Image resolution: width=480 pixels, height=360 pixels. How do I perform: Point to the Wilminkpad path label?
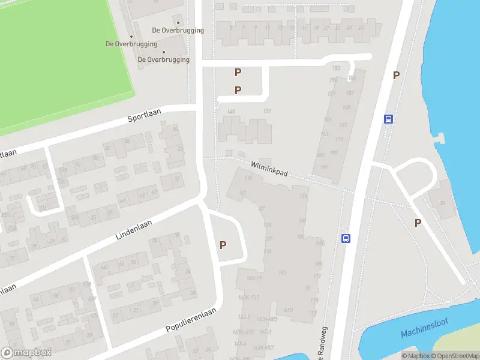click(269, 168)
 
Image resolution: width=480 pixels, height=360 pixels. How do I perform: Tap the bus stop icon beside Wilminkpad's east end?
click(389, 119)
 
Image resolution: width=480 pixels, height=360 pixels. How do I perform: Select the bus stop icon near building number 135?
click(346, 238)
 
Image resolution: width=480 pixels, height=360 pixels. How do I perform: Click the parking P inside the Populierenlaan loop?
click(223, 245)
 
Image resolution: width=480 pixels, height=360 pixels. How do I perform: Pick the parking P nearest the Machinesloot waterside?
click(418, 223)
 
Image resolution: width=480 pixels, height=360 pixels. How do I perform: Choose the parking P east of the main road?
click(396, 75)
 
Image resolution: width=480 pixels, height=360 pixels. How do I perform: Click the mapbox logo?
click(26, 352)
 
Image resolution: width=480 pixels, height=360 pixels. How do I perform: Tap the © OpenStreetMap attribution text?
click(455, 356)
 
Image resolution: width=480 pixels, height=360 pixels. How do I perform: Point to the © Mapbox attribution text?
click(415, 356)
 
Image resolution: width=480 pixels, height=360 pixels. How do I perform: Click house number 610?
click(288, 310)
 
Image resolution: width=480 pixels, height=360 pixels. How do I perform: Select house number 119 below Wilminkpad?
click(249, 177)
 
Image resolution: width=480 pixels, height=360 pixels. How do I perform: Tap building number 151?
click(267, 111)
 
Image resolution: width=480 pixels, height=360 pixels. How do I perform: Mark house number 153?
click(335, 68)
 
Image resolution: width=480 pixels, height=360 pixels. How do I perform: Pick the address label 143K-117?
click(248, 298)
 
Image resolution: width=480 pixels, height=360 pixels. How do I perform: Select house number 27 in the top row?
click(361, 28)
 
